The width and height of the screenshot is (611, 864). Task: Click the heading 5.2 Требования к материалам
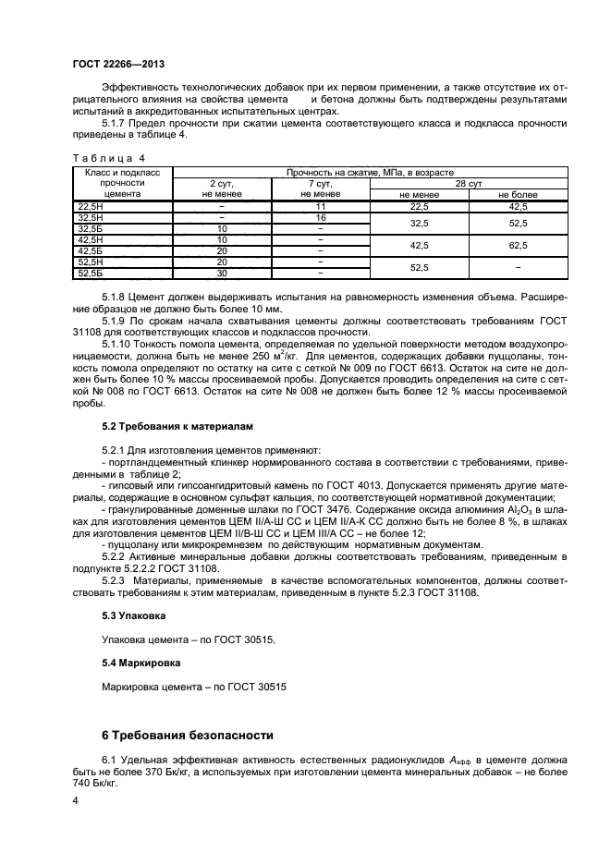(168, 426)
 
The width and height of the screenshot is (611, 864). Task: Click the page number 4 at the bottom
(75, 804)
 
